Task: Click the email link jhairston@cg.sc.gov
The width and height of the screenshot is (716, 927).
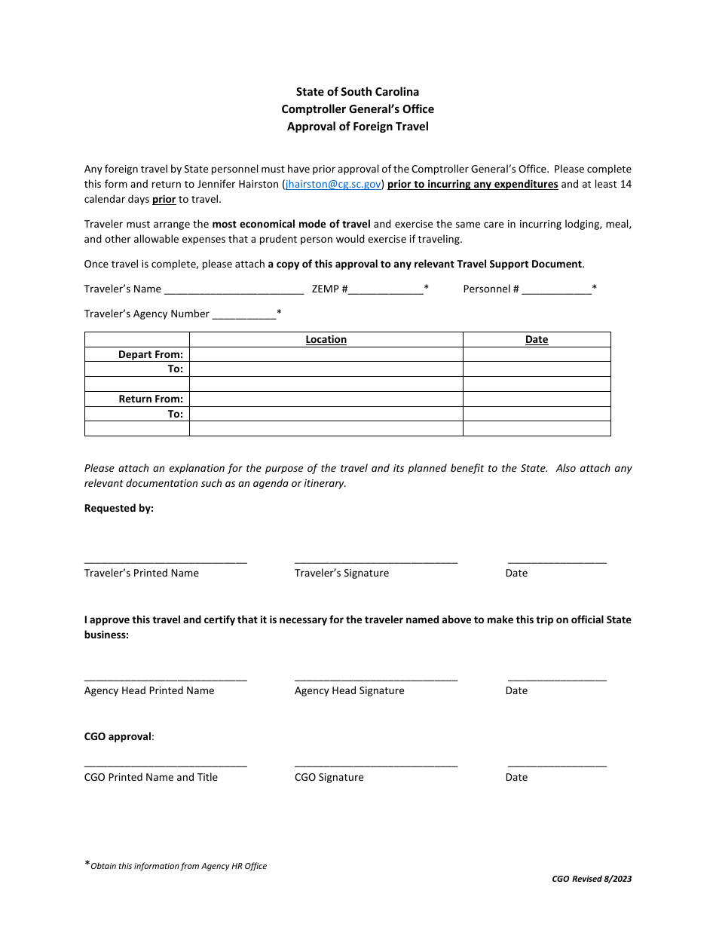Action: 333,184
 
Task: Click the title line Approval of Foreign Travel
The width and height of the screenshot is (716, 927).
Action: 357,127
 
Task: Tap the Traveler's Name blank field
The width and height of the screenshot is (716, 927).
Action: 234,289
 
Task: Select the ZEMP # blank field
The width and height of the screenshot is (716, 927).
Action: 385,289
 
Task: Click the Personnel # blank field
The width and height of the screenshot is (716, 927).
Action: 556,289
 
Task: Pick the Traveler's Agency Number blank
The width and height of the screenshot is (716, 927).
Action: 244,314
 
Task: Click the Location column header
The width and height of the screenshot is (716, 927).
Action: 326,340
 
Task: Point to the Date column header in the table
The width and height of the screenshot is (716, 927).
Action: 536,340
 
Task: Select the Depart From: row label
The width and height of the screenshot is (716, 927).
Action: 150,354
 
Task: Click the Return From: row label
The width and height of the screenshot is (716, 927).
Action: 150,399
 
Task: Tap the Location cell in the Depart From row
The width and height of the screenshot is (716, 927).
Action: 326,354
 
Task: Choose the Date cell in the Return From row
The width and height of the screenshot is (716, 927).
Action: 536,399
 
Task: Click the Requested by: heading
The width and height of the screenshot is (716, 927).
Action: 119,509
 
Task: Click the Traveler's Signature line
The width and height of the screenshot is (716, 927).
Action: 375,561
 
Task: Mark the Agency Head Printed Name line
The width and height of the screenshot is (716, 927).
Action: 165,678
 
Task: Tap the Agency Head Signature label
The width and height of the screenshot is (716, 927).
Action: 349,691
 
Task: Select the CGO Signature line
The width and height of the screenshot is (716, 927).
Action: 375,765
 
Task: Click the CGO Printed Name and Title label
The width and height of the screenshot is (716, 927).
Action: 151,778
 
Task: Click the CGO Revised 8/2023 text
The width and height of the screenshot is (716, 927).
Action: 592,879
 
